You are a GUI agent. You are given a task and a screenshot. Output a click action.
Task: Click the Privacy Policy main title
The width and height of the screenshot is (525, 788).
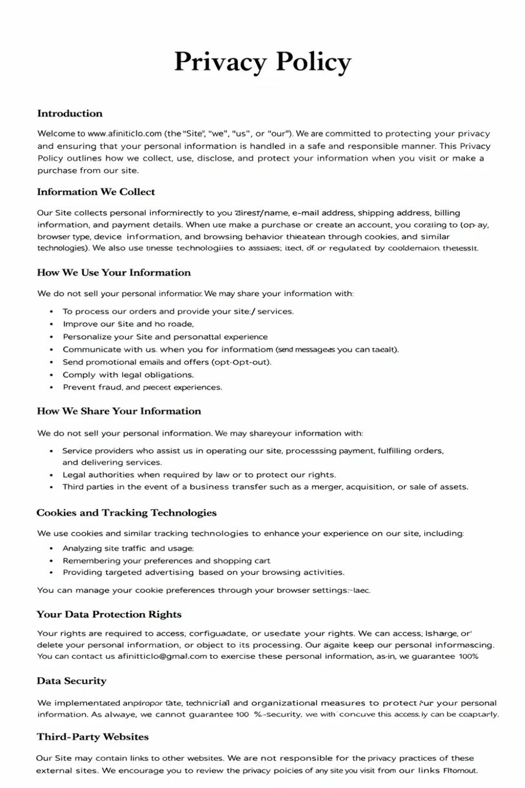point(262,63)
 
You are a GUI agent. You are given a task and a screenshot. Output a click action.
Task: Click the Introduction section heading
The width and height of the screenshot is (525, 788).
point(70,114)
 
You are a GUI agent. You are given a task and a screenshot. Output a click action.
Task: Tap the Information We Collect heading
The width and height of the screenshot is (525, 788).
point(96,192)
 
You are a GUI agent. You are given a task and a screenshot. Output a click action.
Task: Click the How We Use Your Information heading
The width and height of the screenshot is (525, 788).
point(114,272)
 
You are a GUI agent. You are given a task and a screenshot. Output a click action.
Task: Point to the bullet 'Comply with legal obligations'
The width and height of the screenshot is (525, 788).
point(128,374)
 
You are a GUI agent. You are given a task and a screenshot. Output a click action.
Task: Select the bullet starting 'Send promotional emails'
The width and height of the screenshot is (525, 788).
point(166,362)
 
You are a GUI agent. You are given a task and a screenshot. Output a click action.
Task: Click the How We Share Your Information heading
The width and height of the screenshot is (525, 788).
point(119,411)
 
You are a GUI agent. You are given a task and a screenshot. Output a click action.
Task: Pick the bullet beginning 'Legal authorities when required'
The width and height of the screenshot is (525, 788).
point(199,474)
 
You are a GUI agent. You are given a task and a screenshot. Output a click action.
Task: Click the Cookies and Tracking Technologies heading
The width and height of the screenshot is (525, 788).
point(126,513)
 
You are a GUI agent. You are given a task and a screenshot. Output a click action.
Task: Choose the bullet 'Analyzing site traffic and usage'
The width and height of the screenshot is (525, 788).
point(128,548)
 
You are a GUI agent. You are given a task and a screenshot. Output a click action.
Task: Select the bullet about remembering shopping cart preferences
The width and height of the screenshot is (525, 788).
point(166,560)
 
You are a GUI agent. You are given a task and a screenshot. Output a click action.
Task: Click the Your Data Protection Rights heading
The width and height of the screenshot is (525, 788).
point(109,614)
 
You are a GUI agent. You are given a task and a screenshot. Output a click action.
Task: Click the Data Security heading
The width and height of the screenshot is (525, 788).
point(72,681)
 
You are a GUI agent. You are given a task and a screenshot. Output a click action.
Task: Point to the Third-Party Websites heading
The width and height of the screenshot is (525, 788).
point(93,737)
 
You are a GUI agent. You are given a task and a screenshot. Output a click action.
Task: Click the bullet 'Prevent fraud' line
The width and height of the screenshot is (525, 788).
point(142,387)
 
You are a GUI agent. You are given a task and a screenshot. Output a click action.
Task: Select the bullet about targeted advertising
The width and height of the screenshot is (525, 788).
point(203,572)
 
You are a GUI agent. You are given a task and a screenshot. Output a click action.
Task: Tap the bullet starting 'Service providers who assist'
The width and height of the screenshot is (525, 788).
point(252,450)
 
